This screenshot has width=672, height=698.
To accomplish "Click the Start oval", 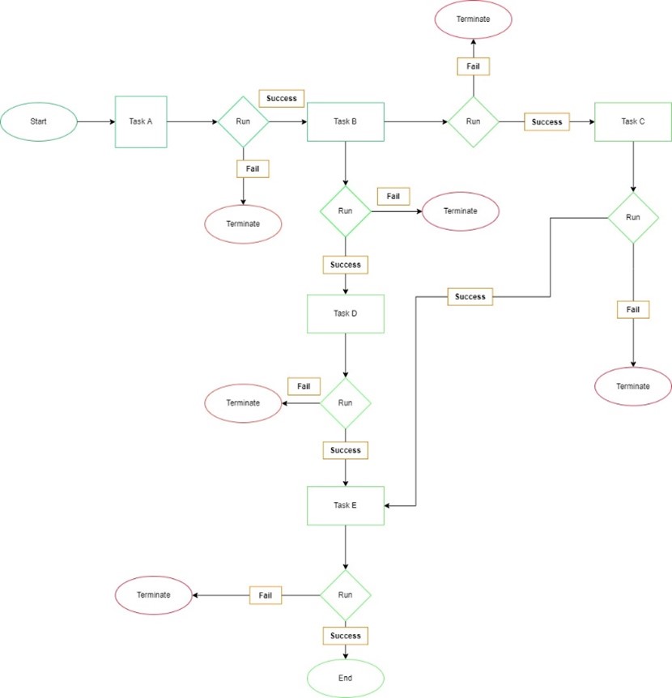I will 39,122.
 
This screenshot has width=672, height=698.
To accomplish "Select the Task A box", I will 141,122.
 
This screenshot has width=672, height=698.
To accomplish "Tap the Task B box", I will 345,122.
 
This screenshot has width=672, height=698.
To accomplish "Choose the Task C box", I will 633,122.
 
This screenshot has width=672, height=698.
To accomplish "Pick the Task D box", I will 345,313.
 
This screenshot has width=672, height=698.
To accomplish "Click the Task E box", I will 345,504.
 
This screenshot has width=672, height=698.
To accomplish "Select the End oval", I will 346,677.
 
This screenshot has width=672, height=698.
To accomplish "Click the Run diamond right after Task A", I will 243,122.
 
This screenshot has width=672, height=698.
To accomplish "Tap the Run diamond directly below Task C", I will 633,218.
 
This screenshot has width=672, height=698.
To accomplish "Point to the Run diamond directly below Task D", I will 346,402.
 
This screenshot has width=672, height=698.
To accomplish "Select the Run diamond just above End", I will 346,595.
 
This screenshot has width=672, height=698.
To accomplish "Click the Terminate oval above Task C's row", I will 474,18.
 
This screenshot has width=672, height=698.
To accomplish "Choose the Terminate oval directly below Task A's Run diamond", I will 243,223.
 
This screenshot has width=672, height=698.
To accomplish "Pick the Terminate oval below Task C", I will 633,386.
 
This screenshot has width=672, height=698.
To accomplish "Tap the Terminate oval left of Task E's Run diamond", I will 154,595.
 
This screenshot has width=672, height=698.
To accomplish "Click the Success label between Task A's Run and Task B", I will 282,99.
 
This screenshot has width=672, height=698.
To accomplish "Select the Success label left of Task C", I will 547,122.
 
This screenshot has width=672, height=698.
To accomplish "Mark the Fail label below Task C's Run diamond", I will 633,309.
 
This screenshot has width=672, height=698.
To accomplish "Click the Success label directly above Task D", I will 346,265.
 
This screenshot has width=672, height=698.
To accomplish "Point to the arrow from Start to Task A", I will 96,122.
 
